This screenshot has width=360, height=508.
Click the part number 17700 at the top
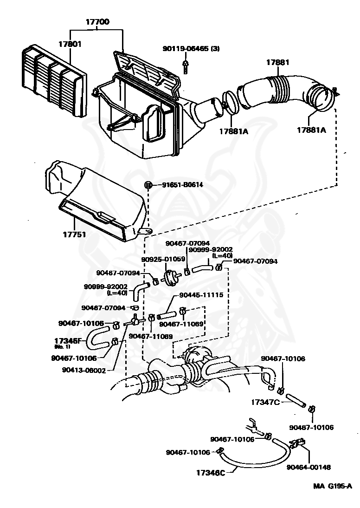point(96,21)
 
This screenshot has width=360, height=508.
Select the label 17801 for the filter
point(70,45)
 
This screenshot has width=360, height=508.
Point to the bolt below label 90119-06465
point(185,66)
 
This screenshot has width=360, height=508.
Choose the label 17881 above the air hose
point(278,63)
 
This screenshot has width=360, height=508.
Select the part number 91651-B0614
point(182,185)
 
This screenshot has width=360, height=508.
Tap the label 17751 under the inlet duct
point(74,234)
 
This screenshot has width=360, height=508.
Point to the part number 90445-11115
point(201,295)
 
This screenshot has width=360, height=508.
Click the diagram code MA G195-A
point(332,486)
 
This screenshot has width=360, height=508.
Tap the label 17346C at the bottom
point(210,473)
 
